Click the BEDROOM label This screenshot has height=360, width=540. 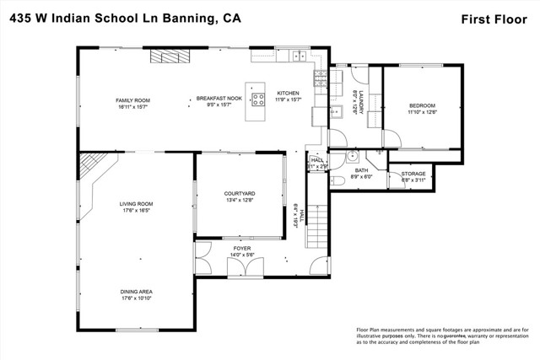click(x=422, y=105)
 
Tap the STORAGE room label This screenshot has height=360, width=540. click(x=413, y=174)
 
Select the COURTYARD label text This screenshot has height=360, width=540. click(x=240, y=194)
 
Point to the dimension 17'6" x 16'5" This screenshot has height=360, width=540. click(x=135, y=210)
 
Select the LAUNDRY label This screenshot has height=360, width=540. click(x=360, y=101)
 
